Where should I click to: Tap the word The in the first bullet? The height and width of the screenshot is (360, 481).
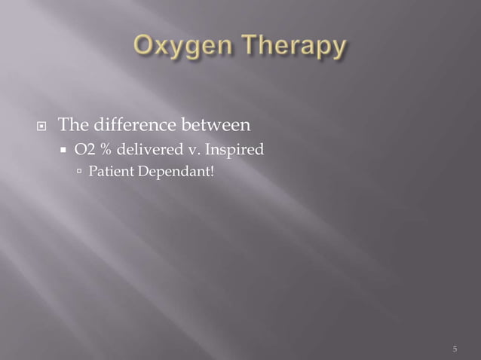point(75,124)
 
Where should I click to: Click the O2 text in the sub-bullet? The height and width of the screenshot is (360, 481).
point(84,151)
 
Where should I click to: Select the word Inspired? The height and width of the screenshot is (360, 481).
point(234,151)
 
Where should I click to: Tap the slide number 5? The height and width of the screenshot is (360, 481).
point(455,349)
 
